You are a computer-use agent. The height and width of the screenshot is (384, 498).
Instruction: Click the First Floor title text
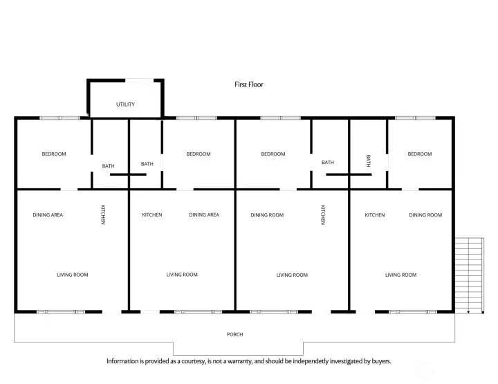(x=249, y=84)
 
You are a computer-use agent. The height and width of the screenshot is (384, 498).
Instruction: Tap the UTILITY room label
(x=125, y=104)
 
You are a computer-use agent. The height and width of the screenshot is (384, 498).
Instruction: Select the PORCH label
(x=234, y=334)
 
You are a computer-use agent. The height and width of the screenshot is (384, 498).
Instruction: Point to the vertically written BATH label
(x=368, y=161)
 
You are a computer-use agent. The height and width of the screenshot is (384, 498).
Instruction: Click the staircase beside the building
(x=470, y=275)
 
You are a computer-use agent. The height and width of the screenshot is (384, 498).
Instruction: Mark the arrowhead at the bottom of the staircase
(x=468, y=312)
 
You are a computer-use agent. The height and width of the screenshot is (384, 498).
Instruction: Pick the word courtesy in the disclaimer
(x=194, y=361)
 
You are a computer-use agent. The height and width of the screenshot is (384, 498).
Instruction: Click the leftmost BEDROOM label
(x=54, y=154)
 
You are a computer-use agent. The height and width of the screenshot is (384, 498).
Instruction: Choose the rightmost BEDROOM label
(x=420, y=154)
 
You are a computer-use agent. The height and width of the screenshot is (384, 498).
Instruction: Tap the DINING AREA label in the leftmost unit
(x=48, y=215)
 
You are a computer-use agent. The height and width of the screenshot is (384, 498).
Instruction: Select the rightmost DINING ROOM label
(x=425, y=215)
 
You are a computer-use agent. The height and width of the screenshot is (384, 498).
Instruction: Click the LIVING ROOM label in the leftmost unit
(x=73, y=275)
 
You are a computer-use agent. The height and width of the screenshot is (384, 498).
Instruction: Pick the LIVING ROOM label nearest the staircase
(x=400, y=275)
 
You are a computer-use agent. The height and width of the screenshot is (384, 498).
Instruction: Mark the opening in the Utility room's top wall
(x=140, y=80)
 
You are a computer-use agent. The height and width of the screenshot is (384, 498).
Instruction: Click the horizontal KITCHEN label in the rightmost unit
(x=375, y=215)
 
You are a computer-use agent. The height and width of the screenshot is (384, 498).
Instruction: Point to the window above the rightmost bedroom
(x=415, y=118)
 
